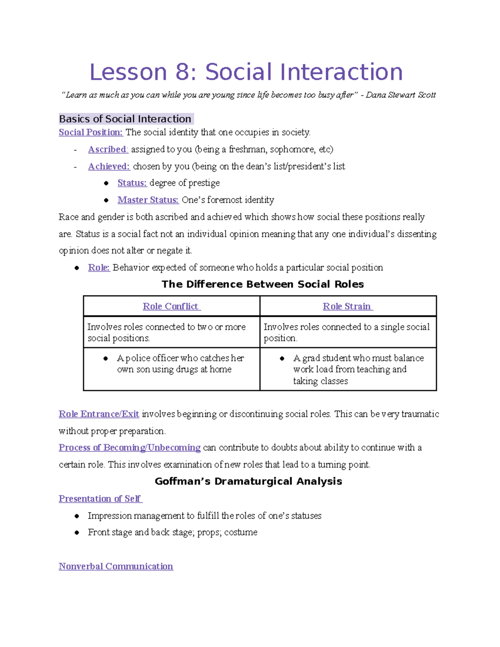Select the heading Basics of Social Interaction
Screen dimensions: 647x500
[125, 119]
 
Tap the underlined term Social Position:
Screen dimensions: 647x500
[90, 132]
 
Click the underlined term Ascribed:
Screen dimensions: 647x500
[108, 149]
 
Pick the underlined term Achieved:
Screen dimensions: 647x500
[109, 166]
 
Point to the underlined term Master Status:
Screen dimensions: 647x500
[148, 200]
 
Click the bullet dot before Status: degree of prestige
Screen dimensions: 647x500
[106, 183]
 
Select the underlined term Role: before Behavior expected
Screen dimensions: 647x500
[99, 267]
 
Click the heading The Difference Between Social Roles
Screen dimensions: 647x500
[262, 284]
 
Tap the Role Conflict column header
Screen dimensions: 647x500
[171, 306]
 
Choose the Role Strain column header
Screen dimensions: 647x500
[347, 306]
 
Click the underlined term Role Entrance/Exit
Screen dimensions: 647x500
[99, 414]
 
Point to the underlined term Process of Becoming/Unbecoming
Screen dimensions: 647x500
[130, 447]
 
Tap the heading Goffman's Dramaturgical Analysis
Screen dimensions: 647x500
[248, 481]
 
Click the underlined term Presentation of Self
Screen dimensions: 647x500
[100, 499]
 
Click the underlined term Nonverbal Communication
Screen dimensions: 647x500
[116, 566]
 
